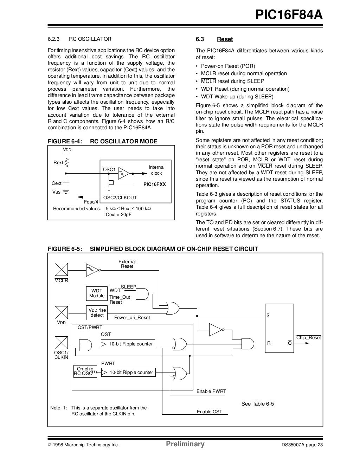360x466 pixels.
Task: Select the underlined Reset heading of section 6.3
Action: (x=225, y=39)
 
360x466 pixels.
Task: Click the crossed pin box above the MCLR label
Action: (x=61, y=270)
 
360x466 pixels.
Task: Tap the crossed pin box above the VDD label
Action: (x=61, y=312)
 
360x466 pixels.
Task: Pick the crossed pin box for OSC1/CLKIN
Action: (x=61, y=343)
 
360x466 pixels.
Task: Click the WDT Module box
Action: (x=97, y=293)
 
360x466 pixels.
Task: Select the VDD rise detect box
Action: (x=97, y=312)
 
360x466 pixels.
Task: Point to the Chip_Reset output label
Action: (x=308, y=338)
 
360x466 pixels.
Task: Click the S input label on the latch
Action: (x=268, y=316)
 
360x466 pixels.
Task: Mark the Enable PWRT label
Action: (x=211, y=391)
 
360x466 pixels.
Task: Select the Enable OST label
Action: (x=209, y=412)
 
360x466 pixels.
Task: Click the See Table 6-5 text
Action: (x=257, y=404)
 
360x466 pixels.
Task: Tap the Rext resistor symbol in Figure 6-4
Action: (x=66, y=163)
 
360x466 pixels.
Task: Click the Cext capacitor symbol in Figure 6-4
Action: (x=66, y=183)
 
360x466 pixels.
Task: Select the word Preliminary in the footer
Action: (x=185, y=444)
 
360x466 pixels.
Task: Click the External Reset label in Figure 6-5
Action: (x=127, y=264)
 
